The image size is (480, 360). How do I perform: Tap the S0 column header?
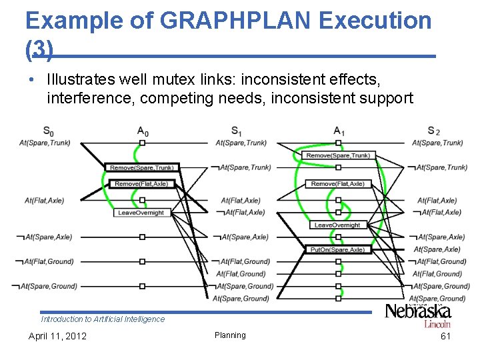point(49,131)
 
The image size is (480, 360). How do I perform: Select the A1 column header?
point(339,131)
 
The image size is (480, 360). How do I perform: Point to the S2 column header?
point(433,131)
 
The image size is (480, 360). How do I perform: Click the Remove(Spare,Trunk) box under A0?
point(142,167)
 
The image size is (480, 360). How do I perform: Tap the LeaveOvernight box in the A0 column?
point(141,213)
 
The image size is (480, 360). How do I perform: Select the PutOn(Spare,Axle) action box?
point(337,249)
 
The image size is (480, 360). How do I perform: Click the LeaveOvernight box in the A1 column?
point(337,225)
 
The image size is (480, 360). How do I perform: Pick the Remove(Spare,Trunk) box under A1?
point(337,155)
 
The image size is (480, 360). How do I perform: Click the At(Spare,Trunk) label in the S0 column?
point(45,143)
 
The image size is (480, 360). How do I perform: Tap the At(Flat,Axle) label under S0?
point(45,201)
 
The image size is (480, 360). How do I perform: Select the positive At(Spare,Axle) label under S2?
point(438,249)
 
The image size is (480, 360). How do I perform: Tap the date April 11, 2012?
point(57,336)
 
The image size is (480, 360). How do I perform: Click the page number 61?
point(445,336)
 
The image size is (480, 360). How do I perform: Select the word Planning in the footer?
point(230,335)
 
